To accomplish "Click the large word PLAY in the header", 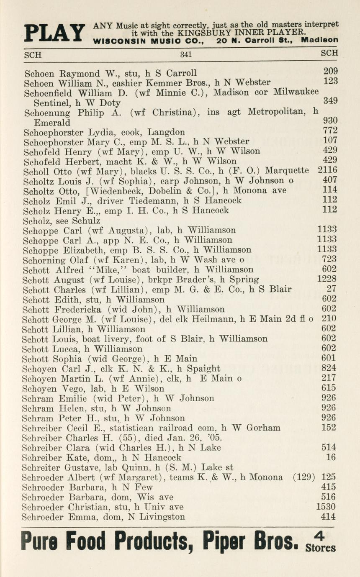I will point(54,33).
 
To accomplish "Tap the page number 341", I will point(186,54).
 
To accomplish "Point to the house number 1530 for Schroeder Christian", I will point(326,507).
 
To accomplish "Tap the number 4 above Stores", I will point(321,536).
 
